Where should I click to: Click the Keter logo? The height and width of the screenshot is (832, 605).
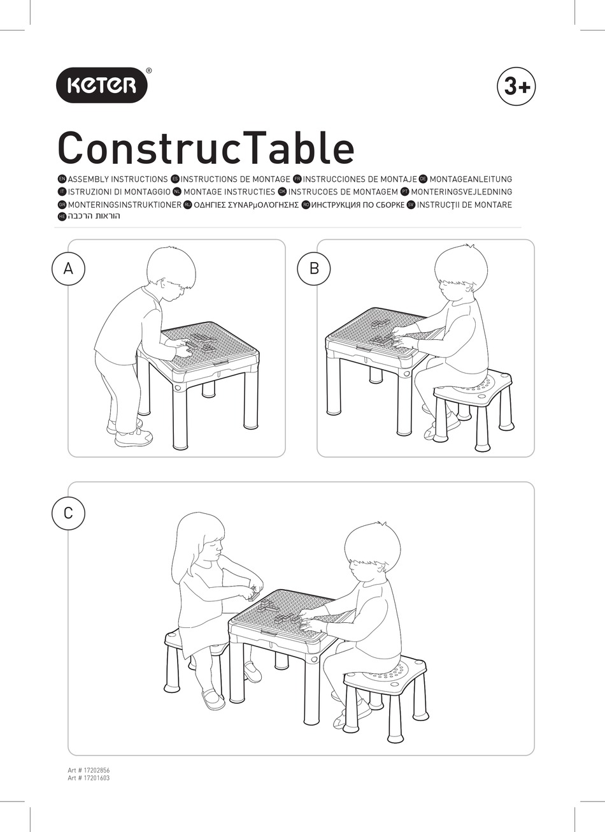click(x=103, y=85)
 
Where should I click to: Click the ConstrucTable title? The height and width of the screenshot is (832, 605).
click(x=206, y=148)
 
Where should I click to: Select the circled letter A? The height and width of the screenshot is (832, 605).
click(x=69, y=268)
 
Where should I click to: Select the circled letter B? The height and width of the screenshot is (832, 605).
click(x=314, y=268)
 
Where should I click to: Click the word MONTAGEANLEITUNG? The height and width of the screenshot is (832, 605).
click(x=471, y=180)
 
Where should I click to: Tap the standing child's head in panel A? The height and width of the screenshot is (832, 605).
click(x=169, y=271)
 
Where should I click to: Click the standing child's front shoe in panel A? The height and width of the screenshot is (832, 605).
click(x=134, y=438)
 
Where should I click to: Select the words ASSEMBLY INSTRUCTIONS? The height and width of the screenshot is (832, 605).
click(x=117, y=180)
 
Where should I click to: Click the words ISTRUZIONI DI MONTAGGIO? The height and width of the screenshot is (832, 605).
click(x=118, y=192)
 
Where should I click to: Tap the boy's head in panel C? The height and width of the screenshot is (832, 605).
click(x=373, y=551)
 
